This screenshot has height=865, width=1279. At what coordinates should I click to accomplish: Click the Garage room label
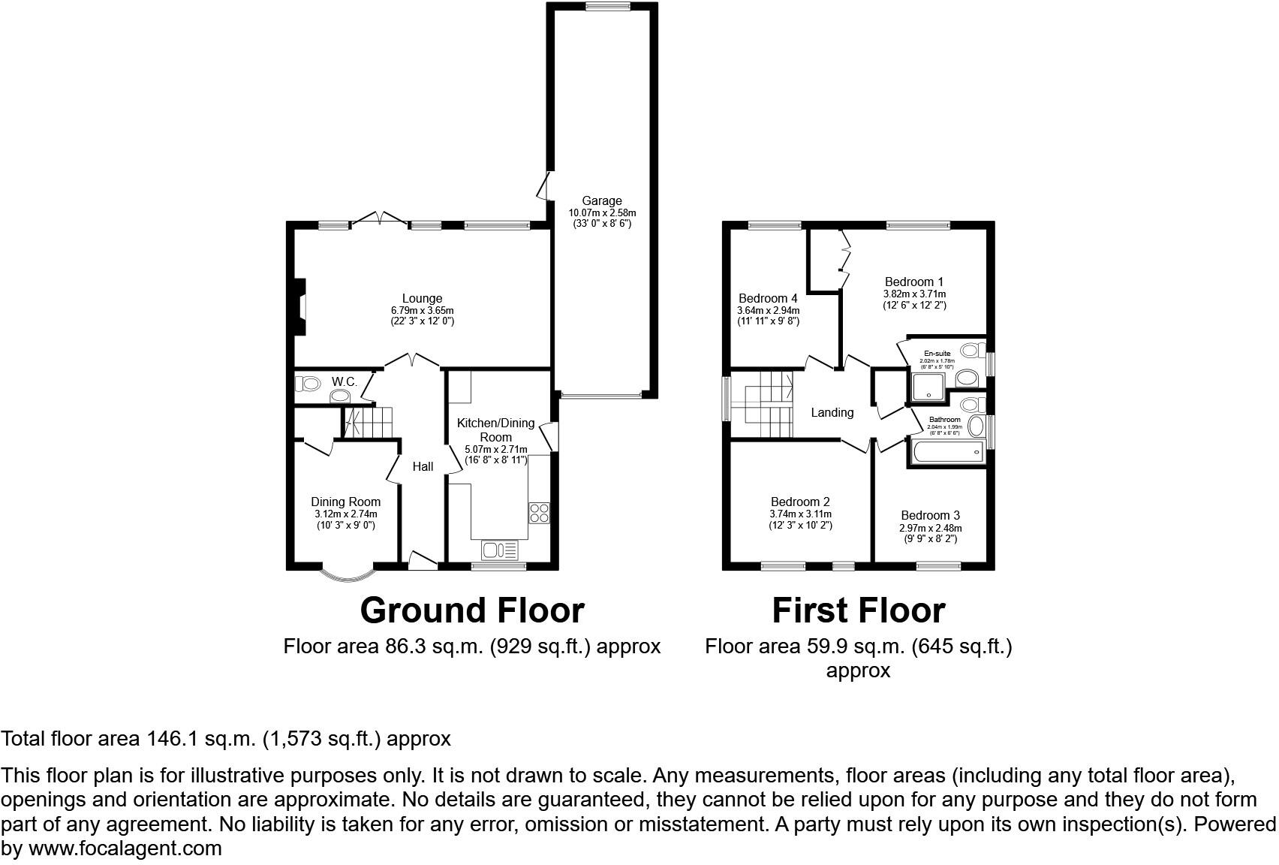601,200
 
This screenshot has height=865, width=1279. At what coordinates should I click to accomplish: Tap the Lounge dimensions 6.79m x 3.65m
422,310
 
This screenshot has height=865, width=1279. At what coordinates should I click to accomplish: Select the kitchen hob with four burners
539,514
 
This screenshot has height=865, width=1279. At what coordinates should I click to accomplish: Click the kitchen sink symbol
500,550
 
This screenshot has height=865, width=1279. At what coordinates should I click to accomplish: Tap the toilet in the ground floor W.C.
307,384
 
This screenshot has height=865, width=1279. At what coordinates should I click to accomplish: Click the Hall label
423,466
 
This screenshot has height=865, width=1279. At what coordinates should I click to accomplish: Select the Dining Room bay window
347,575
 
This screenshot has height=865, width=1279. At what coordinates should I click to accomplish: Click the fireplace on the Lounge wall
300,307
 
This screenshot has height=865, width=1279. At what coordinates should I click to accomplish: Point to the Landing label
832,412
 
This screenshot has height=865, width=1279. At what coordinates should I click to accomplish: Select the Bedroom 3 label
930,515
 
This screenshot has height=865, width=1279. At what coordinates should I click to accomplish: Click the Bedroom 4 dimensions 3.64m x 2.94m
768,310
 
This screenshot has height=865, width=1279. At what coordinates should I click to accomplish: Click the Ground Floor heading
471,610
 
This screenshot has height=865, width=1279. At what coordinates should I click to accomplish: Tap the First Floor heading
858,610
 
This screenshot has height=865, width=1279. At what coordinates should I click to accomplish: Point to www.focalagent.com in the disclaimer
126,849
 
